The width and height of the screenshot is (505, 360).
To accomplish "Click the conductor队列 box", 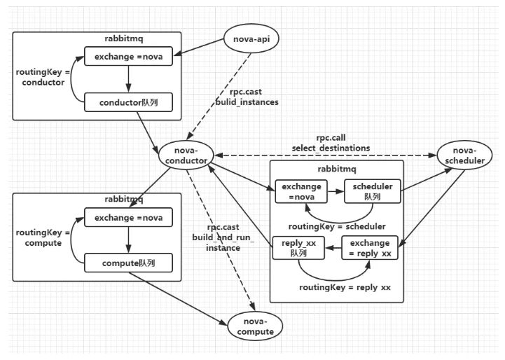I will (127, 102).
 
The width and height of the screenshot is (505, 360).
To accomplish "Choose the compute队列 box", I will (127, 264).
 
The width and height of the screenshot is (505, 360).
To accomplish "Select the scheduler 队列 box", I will (372, 191).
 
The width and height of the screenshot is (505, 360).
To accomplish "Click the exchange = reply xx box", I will (369, 248).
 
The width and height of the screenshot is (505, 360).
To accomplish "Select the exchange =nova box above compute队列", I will (127, 218).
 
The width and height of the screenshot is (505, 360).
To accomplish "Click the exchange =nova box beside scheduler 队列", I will (300, 191).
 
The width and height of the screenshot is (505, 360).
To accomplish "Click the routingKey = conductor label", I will (41, 78).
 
